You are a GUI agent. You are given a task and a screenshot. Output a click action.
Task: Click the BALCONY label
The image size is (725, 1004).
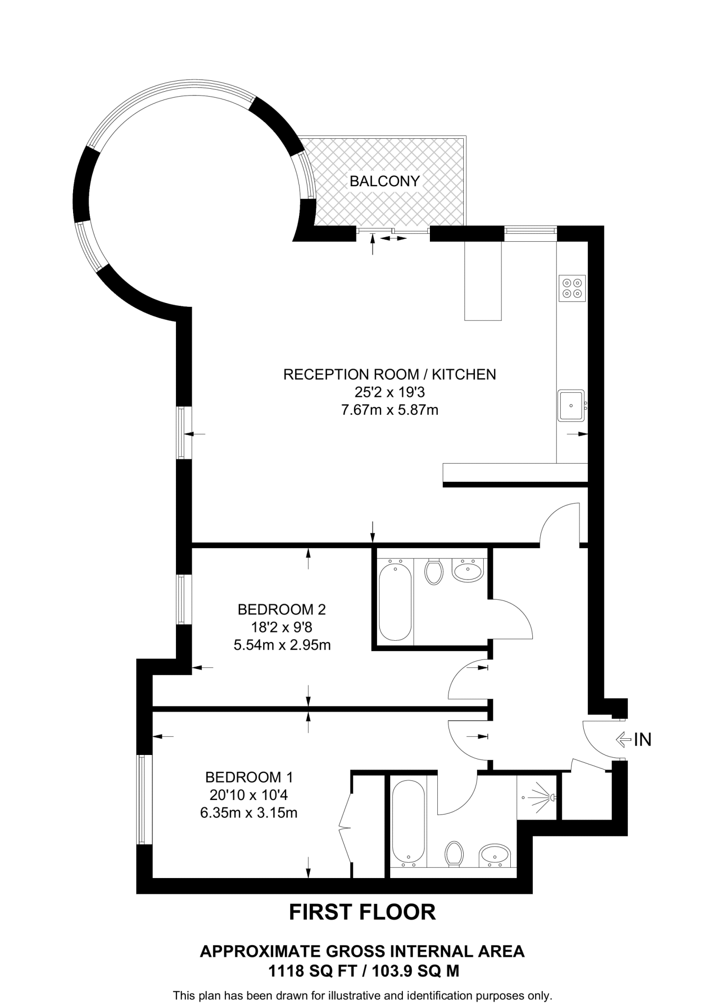click(384, 181)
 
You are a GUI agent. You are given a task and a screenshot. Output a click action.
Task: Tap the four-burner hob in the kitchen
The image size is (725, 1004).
click(572, 288)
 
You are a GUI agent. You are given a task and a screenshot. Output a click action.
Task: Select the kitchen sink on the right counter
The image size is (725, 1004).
click(571, 405)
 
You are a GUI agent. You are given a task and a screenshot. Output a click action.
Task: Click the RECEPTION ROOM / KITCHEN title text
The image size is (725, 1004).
click(389, 375)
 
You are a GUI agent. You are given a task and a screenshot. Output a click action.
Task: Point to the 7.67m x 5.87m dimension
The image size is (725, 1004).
click(389, 410)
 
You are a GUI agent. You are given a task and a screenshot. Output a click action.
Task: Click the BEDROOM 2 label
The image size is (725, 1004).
click(281, 609)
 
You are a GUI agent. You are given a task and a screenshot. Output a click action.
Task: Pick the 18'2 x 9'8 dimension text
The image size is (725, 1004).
click(281, 627)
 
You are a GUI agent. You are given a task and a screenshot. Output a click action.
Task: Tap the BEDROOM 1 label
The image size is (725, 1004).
click(249, 777)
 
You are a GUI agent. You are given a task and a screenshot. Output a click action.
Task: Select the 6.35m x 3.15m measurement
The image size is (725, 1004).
click(249, 813)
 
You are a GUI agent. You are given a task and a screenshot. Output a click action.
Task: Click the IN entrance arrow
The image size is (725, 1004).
click(623, 739)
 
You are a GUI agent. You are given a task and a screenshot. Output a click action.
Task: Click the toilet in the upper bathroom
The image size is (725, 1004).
click(434, 572)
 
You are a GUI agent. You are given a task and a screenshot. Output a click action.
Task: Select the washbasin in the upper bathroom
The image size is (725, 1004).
click(468, 571)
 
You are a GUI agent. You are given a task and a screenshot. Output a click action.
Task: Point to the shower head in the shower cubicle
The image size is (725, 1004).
click(552, 798)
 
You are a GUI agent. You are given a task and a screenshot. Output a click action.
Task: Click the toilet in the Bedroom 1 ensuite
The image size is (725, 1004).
click(454, 854)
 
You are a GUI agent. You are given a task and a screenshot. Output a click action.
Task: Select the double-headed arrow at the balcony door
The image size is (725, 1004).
click(394, 239)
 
